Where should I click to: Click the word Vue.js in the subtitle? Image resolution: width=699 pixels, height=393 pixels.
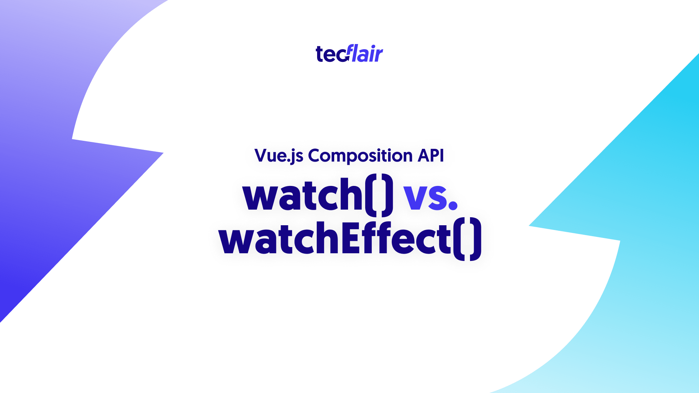coord(279,156)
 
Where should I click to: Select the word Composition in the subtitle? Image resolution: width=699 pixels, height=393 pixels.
coord(360,156)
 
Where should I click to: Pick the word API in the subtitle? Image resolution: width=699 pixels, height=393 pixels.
coord(431,155)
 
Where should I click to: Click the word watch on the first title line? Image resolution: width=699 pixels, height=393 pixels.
coord(303,194)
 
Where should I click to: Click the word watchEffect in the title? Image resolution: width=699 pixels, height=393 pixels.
coord(335,238)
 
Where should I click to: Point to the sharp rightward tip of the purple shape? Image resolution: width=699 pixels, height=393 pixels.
coord(163,153)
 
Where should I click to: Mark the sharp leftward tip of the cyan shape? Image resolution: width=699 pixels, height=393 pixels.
coord(529,226)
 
